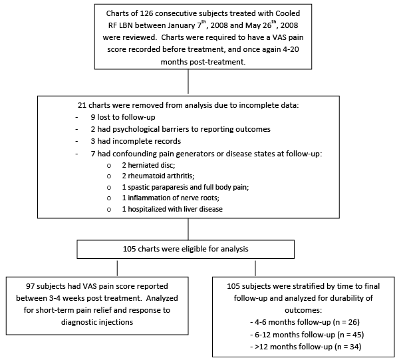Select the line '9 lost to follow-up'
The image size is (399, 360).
click(x=123, y=117)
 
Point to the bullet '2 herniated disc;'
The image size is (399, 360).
click(x=148, y=165)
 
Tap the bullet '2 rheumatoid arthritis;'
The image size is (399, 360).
click(x=158, y=176)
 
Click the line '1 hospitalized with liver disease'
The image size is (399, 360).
click(x=172, y=209)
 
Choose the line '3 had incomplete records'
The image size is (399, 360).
click(x=136, y=141)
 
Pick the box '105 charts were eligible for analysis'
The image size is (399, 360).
click(x=186, y=249)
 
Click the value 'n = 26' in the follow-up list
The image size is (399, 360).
click(x=346, y=322)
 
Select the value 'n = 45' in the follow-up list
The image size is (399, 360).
click(x=350, y=334)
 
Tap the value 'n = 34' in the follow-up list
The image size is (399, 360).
click(x=347, y=347)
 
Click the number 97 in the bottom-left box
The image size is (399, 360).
click(x=30, y=286)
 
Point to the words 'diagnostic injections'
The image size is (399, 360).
click(x=97, y=322)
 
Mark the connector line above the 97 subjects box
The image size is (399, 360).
click(x=117, y=268)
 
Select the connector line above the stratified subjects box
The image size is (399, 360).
click(x=255, y=268)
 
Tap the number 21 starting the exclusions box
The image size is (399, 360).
click(x=82, y=105)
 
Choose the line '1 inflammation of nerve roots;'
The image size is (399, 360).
click(x=170, y=198)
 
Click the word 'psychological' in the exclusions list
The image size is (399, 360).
click(x=135, y=129)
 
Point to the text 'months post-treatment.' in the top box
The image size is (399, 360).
click(x=203, y=62)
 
